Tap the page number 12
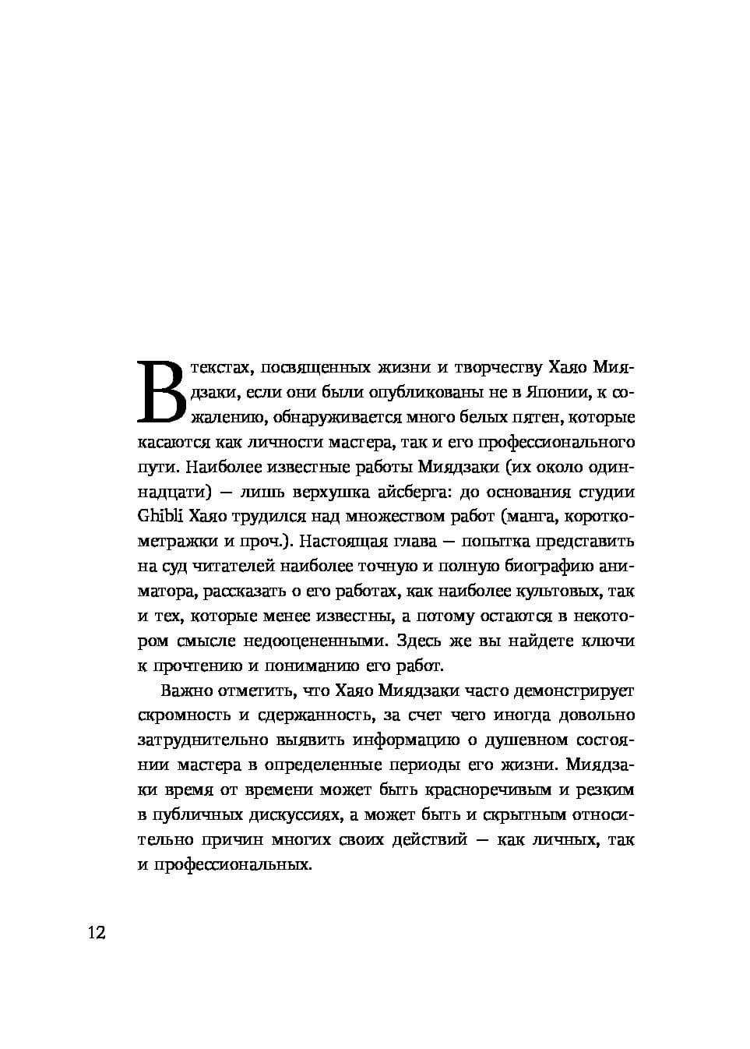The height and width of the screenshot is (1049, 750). tap(97, 933)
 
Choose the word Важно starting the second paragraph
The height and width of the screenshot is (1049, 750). tap(187, 691)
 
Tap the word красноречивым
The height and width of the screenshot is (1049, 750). tap(495, 789)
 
